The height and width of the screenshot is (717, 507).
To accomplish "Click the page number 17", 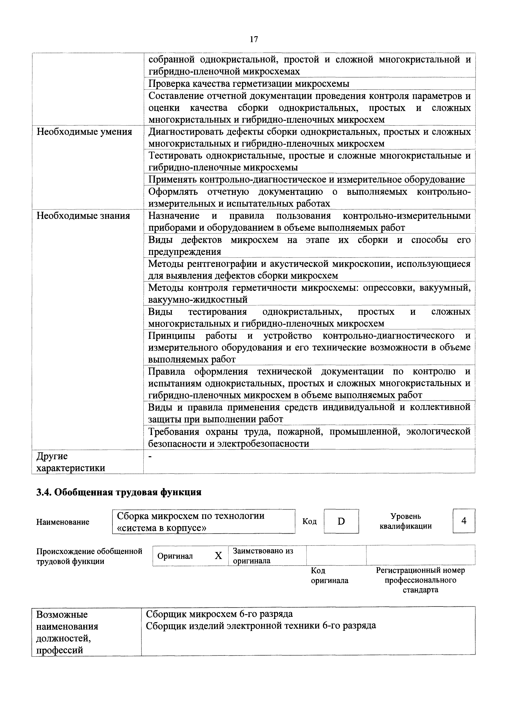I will [x=254, y=39].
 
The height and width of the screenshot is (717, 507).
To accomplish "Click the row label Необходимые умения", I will [x=84, y=132].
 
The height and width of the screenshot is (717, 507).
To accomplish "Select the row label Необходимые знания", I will [x=83, y=216].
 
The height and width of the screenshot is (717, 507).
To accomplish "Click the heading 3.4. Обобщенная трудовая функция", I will [x=119, y=492].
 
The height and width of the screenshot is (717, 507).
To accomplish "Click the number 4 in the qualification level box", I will [x=464, y=521].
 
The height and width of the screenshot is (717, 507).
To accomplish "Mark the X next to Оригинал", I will [x=218, y=556].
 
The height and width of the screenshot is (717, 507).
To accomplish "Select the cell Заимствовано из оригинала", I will [x=263, y=556].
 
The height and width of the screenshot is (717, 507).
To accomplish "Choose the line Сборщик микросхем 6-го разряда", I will [x=219, y=614].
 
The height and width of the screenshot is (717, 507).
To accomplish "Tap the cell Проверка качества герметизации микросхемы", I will [x=249, y=84].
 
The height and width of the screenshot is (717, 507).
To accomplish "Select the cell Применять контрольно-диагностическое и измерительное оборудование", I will [x=306, y=180].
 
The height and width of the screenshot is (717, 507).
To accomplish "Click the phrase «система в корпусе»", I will [x=161, y=528].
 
